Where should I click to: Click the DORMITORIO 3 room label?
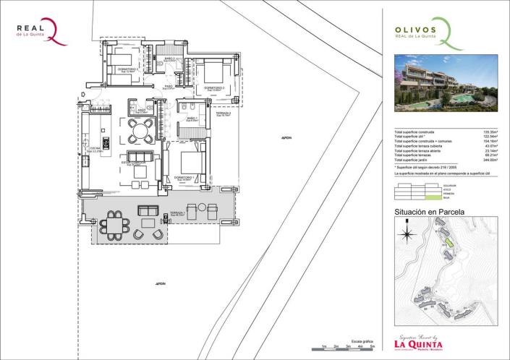(127, 69)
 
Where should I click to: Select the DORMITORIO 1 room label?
(184, 176)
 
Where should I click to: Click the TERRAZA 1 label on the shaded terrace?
(174, 213)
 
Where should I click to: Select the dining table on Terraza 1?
(115, 225)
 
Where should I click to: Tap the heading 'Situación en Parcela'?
(429, 213)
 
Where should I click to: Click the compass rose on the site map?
(407, 233)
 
